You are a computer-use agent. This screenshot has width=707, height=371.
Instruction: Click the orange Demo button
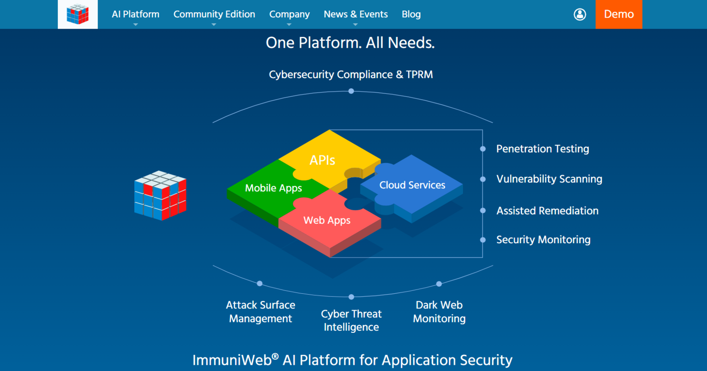click(x=619, y=14)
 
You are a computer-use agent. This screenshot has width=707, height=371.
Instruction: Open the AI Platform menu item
click(x=135, y=14)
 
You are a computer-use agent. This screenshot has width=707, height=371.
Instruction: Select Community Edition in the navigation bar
click(x=214, y=14)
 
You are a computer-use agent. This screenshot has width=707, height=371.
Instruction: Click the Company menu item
click(x=289, y=14)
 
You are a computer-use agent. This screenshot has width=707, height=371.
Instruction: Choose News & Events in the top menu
click(x=355, y=14)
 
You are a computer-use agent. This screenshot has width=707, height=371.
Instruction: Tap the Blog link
click(x=411, y=14)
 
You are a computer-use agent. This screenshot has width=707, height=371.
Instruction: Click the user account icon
click(x=579, y=14)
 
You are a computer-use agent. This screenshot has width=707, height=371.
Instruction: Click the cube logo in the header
click(x=78, y=14)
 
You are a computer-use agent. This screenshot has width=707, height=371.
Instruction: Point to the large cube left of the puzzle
click(x=160, y=196)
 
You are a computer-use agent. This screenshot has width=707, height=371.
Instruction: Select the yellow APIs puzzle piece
click(x=322, y=160)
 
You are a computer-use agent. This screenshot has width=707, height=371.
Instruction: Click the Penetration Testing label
click(x=542, y=149)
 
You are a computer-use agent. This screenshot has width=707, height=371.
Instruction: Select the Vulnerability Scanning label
click(x=549, y=179)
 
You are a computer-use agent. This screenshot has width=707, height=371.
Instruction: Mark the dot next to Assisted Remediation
click(x=483, y=211)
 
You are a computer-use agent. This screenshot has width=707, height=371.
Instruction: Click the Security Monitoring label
click(x=543, y=240)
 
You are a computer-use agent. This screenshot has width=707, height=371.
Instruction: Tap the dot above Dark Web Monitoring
click(x=439, y=284)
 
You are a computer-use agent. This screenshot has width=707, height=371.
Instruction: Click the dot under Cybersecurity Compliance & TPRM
click(x=351, y=91)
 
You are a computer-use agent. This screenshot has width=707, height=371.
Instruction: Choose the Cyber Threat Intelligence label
click(x=351, y=320)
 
